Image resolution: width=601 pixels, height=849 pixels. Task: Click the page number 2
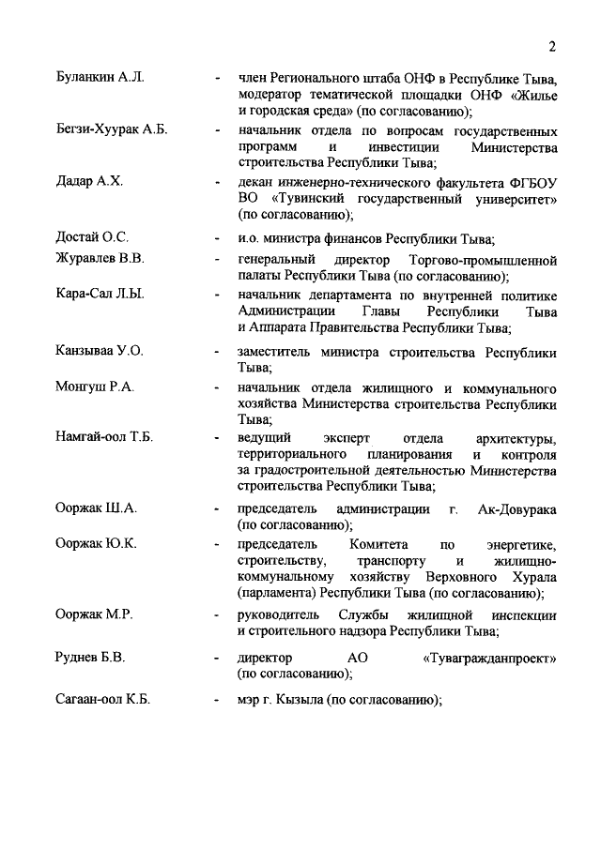(x=553, y=47)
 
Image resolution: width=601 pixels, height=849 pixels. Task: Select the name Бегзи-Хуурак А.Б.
(x=111, y=129)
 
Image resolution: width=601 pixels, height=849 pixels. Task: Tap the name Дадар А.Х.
(x=90, y=181)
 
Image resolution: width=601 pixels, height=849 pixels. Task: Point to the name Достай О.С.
(x=92, y=236)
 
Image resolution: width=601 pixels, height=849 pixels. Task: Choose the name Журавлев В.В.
(x=100, y=258)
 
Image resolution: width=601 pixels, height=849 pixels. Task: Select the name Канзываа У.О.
(x=100, y=352)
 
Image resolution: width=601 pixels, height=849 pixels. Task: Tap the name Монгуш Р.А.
(x=96, y=387)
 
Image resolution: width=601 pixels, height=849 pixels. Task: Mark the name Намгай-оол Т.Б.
(x=105, y=438)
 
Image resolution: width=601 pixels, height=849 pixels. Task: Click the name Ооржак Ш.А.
(x=97, y=508)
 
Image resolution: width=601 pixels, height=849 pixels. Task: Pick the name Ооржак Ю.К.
(x=97, y=544)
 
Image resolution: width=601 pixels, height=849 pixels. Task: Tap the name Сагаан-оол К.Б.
(x=103, y=701)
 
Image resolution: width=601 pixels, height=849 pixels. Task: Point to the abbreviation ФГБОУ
(x=531, y=181)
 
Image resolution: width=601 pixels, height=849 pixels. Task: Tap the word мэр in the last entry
(x=251, y=702)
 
